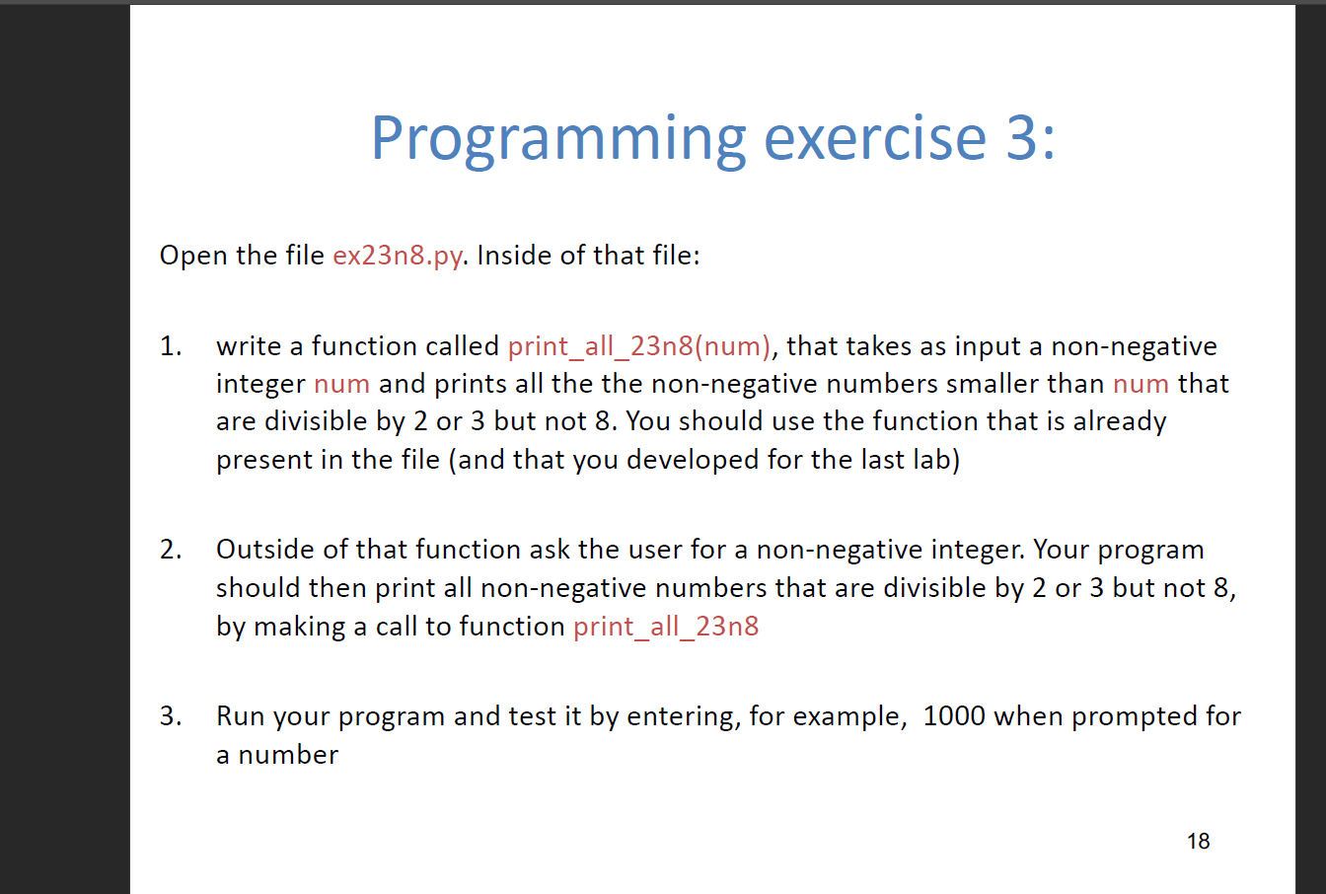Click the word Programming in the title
(x=557, y=139)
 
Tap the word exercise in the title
(x=875, y=137)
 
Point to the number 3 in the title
(x=1022, y=137)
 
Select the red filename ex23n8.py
(x=398, y=256)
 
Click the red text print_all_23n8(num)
(x=639, y=346)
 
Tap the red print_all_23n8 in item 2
(x=666, y=627)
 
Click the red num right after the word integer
(x=341, y=384)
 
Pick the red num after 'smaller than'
(x=1141, y=384)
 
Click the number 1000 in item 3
(x=954, y=716)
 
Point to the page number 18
(x=1198, y=841)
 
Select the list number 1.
(x=170, y=346)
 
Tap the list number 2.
(x=170, y=550)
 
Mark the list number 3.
(x=170, y=716)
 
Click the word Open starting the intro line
(x=193, y=256)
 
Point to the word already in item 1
(x=1120, y=422)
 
